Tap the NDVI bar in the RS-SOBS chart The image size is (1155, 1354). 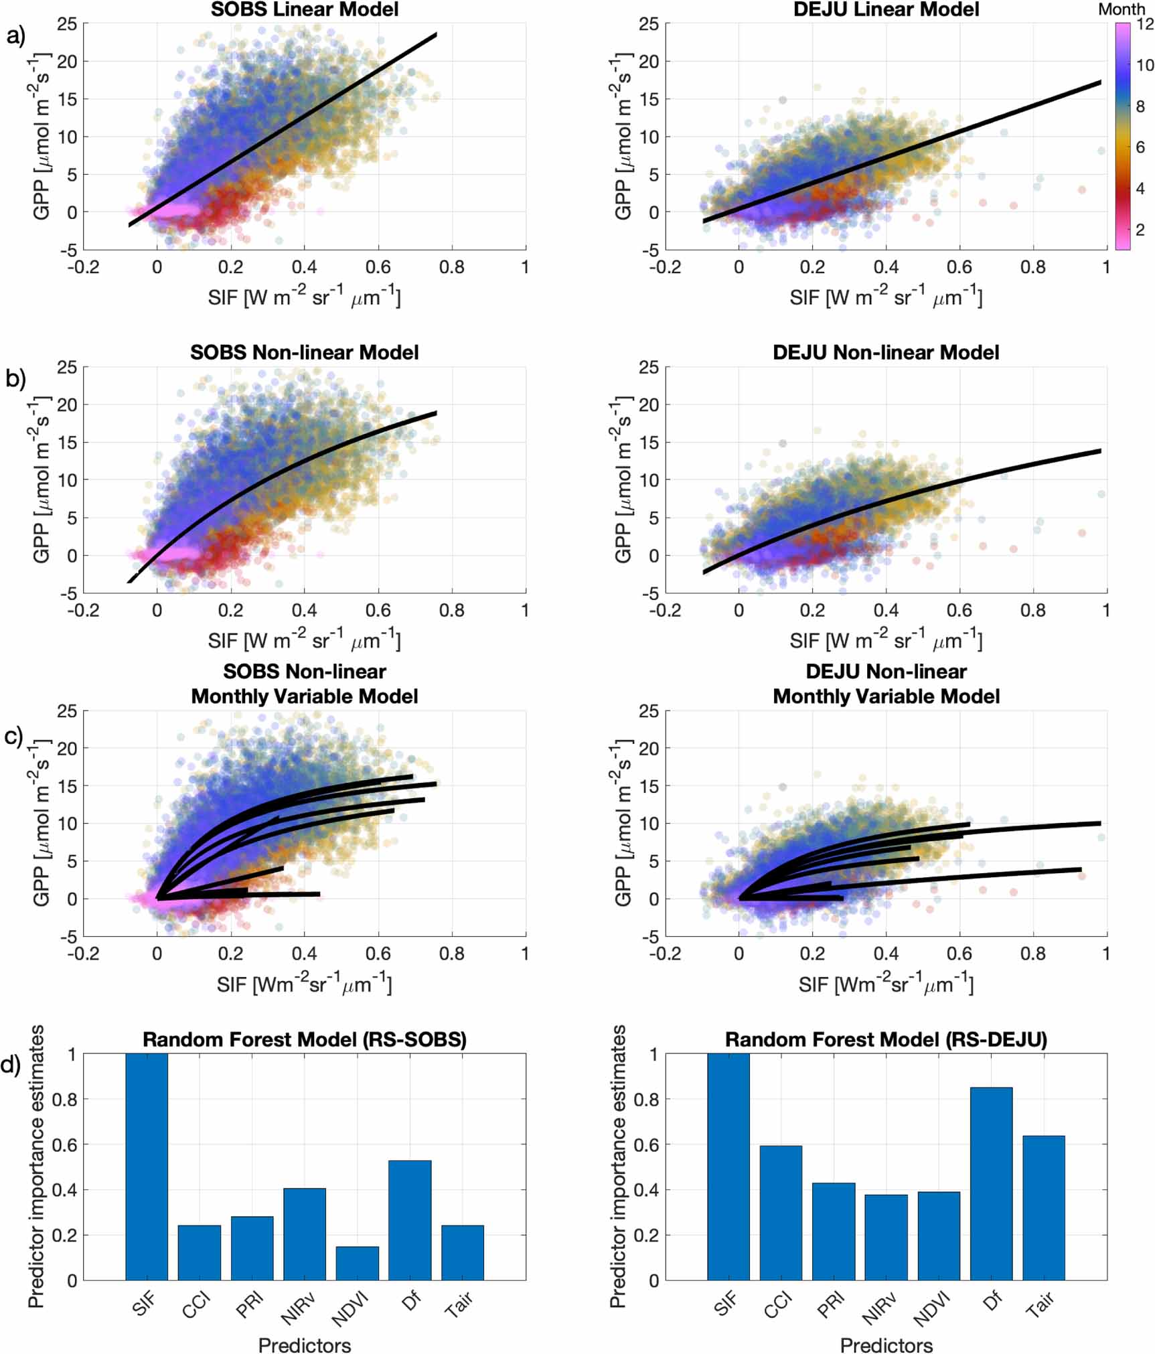(357, 1263)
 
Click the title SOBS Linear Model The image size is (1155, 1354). (305, 9)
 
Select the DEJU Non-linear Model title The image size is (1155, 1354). (886, 353)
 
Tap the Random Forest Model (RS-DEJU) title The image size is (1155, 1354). (886, 1039)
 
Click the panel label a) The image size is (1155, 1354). (16, 35)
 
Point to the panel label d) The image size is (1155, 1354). (11, 1065)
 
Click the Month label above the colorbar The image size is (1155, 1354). (1122, 9)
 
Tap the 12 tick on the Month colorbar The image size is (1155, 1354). (1145, 24)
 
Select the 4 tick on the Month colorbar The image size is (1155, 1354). (1140, 189)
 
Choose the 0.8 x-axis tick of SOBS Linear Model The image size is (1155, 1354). (451, 267)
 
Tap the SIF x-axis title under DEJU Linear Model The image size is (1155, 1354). (885, 297)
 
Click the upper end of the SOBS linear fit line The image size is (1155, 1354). (435, 34)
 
